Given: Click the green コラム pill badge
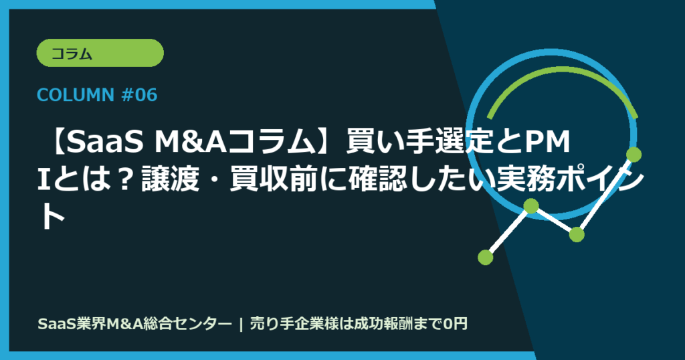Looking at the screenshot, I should pos(100,54).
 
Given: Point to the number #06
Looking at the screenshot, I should pos(140,95).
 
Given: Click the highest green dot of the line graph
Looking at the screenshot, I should pos(633,155).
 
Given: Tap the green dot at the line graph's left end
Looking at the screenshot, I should pos(486,256).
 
